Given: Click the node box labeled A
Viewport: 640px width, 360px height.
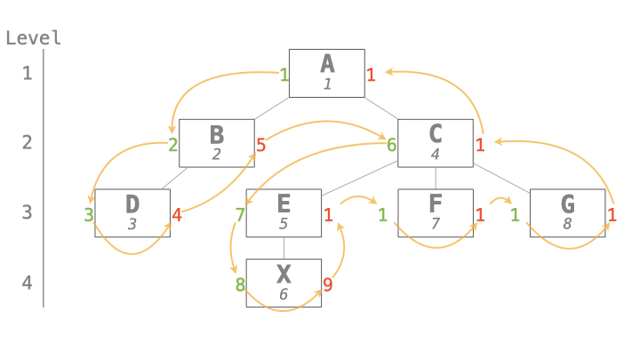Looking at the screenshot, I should pyautogui.click(x=327, y=73).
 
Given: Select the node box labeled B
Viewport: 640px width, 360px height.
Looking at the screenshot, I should pyautogui.click(x=217, y=142).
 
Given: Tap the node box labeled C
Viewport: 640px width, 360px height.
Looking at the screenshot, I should pyautogui.click(x=435, y=142).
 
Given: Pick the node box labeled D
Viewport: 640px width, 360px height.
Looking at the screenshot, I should pyautogui.click(x=132, y=213).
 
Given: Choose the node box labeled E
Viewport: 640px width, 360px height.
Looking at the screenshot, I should pyautogui.click(x=284, y=213).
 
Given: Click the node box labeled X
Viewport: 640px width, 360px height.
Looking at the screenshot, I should pyautogui.click(x=284, y=283).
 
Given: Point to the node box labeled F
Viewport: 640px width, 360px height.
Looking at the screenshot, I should pyautogui.click(x=436, y=213).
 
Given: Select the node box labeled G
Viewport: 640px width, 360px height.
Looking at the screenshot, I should pyautogui.click(x=567, y=213).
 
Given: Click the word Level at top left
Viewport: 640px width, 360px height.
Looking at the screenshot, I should pyautogui.click(x=33, y=37).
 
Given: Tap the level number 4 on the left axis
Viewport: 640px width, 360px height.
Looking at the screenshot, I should pyautogui.click(x=27, y=284).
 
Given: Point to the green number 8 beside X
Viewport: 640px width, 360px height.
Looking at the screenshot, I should pyautogui.click(x=240, y=285).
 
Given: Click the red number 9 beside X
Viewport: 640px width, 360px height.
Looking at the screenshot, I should pyautogui.click(x=327, y=285).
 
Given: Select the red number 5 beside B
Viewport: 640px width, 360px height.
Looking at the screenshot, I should pyautogui.click(x=260, y=144).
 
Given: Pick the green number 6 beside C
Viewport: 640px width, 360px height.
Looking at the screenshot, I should pyautogui.click(x=391, y=144).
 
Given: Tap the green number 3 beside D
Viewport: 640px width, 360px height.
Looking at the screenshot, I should pyautogui.click(x=88, y=214).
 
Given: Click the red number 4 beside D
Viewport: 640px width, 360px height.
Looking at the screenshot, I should pyautogui.click(x=176, y=214).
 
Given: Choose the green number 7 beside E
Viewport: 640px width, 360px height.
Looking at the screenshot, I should pyautogui.click(x=240, y=214).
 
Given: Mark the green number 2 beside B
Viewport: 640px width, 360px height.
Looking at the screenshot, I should pyautogui.click(x=173, y=144).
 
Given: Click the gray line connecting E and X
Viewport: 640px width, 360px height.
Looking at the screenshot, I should pyautogui.click(x=284, y=248).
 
